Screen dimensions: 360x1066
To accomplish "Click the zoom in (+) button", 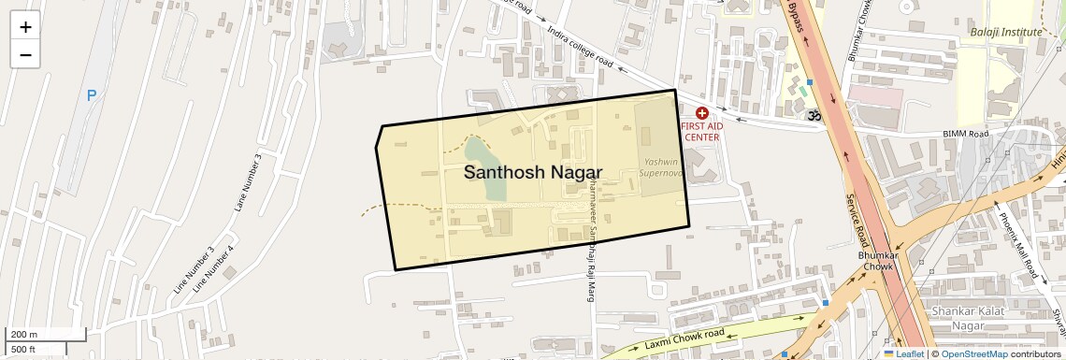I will (x=25, y=27).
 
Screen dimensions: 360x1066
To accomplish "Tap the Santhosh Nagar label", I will (x=533, y=173).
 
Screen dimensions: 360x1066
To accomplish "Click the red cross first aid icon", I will (x=701, y=112).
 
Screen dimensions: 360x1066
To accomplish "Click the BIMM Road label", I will (x=965, y=135).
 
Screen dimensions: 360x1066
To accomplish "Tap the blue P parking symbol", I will (x=92, y=95).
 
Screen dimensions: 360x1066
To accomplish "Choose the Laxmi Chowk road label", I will (x=684, y=339).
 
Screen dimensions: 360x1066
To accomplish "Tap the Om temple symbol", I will (x=814, y=115).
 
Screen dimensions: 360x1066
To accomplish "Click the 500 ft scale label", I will (x=23, y=349).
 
